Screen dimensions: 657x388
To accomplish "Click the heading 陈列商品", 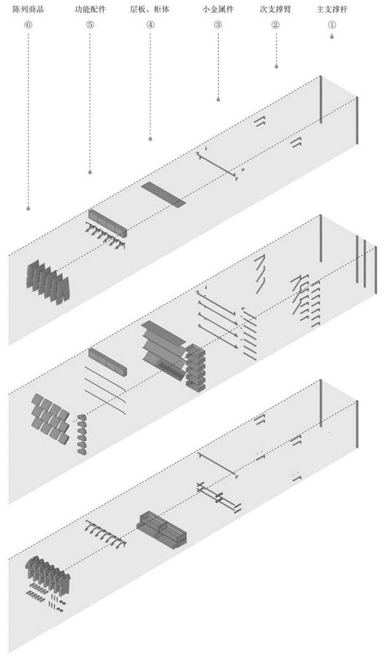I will coord(28,9).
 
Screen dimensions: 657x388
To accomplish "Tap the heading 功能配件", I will coord(90,9).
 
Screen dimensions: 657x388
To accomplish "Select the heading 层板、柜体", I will coord(149,9).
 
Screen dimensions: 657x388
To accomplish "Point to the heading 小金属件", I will coord(218,9).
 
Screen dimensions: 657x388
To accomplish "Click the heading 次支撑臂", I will coord(275,9).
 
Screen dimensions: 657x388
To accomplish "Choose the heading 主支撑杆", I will coord(332,9).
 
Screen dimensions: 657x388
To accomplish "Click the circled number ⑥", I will coord(28,25).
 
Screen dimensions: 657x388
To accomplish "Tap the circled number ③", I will coord(218,25).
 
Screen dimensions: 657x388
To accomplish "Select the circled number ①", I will coord(332,25).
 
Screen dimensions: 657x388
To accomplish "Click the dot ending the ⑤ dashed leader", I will coord(90,172).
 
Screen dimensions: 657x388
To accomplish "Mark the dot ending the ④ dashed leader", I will coord(150,139).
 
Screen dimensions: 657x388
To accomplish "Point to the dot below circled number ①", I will coord(332,37).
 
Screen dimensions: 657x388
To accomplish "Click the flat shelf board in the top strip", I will coord(163,194).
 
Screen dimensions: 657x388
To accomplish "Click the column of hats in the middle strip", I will coord(82,434).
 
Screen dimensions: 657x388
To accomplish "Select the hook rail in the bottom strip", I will coord(105,534).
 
